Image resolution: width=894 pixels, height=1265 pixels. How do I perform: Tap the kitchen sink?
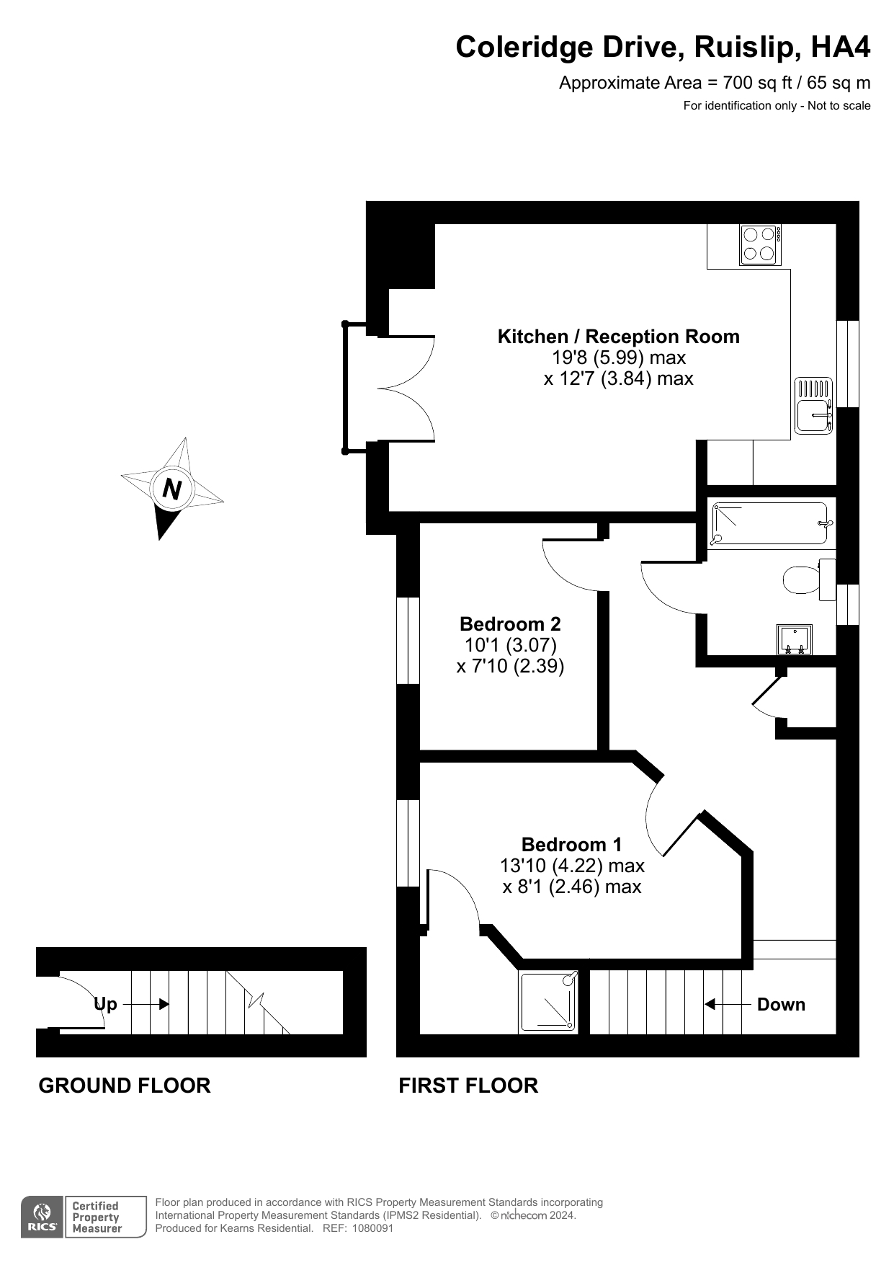pos(813,407)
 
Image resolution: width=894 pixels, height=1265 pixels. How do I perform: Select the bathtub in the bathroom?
pos(769,523)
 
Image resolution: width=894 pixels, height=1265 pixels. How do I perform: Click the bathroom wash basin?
pos(795,639)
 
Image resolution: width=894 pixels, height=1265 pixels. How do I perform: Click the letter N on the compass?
pos(171,489)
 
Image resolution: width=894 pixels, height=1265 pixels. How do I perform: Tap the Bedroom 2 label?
pos(510,623)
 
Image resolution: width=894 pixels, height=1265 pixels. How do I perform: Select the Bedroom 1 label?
pos(571,844)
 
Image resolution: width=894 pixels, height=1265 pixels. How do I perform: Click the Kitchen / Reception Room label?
pos(618,337)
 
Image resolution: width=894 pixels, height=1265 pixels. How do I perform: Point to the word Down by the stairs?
pos(781,1004)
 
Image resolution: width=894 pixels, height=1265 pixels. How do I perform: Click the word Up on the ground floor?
pos(106,1004)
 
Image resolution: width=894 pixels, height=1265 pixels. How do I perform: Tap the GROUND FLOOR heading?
pos(125,1086)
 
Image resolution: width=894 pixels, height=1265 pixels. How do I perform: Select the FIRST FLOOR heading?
pos(468,1086)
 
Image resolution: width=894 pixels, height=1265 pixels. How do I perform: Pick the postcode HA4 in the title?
pos(841,48)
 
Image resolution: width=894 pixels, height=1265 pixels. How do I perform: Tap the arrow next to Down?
pos(726,1004)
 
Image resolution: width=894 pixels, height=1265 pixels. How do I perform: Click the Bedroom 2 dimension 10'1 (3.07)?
pos(510,644)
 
